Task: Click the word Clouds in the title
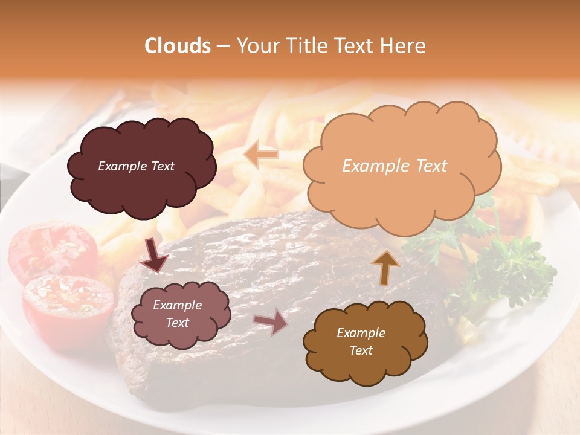tap(178, 46)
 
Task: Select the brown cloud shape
tap(362, 341)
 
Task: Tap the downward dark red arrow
tap(155, 256)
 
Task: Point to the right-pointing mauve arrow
tap(271, 321)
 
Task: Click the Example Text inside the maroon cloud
tap(136, 166)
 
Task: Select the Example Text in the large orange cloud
tap(395, 166)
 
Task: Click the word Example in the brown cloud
tap(361, 333)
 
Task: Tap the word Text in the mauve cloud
tap(177, 323)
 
